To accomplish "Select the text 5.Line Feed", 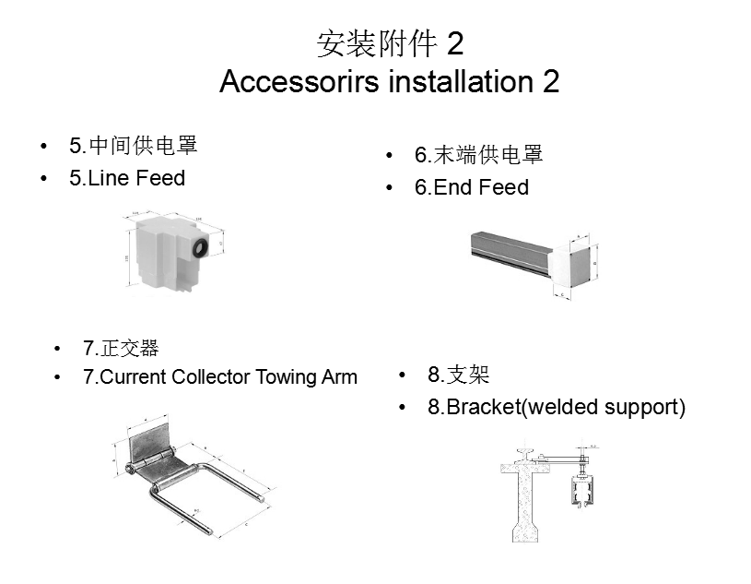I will pos(127,178).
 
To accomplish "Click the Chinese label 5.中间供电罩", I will pos(134,146).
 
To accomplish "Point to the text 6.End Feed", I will pos(472,187).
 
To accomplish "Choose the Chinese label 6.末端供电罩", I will pos(478,155).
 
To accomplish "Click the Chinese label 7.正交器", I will pos(121,348).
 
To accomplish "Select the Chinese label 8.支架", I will pos(458,375).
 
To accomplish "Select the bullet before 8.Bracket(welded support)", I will pos(403,407).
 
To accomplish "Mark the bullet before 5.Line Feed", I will pos(44,178).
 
